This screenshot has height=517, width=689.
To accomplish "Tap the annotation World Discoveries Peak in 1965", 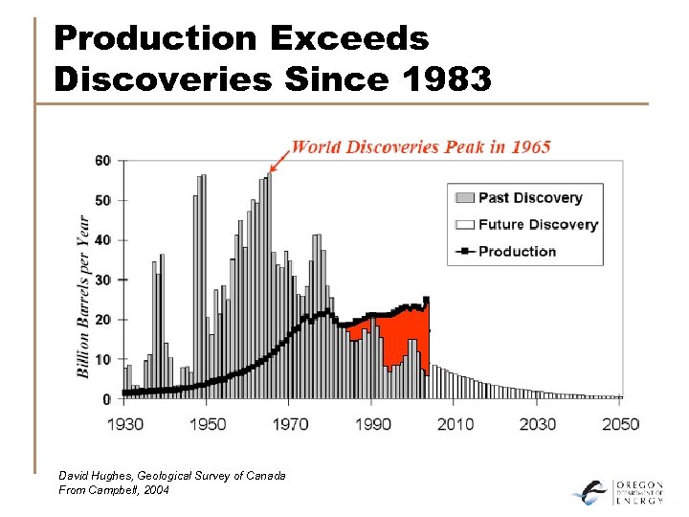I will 421,146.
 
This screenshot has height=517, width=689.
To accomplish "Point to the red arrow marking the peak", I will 280,158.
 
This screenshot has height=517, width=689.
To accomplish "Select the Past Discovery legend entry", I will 529,197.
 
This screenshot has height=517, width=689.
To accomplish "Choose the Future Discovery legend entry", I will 537,224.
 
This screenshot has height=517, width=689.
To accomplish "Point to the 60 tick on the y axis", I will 102,160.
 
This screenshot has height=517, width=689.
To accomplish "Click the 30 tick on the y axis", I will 102,280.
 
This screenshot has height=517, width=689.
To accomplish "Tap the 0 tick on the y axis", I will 107,398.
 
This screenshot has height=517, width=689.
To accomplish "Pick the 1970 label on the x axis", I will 290,423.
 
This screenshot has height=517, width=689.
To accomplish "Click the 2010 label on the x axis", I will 456,423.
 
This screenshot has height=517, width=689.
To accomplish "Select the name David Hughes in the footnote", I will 96,475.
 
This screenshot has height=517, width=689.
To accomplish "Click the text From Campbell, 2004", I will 114,489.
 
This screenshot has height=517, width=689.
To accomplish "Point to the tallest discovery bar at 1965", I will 269,287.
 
